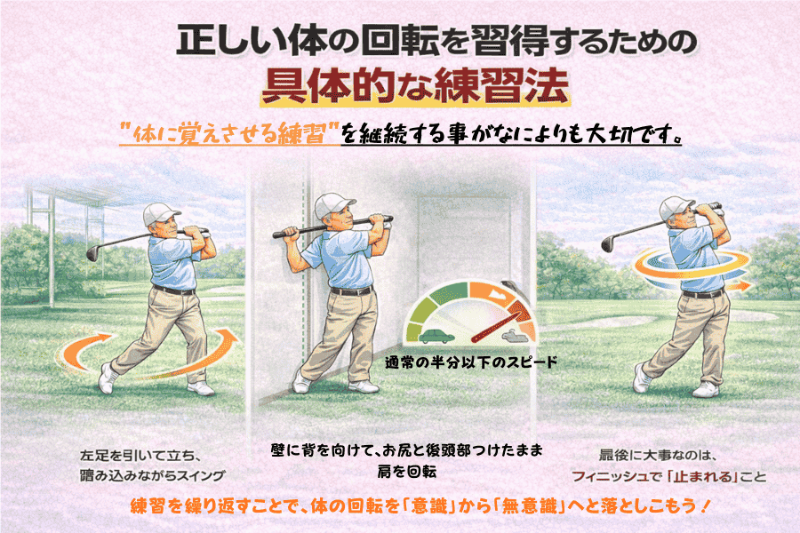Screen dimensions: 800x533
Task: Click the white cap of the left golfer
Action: [160, 213]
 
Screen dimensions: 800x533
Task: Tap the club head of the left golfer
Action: [92, 251]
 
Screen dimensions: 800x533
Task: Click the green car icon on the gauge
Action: [436, 336]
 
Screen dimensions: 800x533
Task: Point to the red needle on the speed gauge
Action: [499, 323]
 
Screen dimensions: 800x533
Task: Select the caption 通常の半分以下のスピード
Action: [471, 362]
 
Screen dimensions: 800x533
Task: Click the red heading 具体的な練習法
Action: [415, 87]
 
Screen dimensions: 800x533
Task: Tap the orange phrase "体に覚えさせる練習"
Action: [229, 134]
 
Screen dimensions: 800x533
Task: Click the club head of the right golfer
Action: [607, 243]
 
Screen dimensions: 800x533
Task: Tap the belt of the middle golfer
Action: [351, 291]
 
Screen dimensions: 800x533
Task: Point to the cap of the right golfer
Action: [676, 208]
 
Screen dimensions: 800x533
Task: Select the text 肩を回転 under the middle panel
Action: [406, 472]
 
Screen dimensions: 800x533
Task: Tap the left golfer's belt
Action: [174, 290]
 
